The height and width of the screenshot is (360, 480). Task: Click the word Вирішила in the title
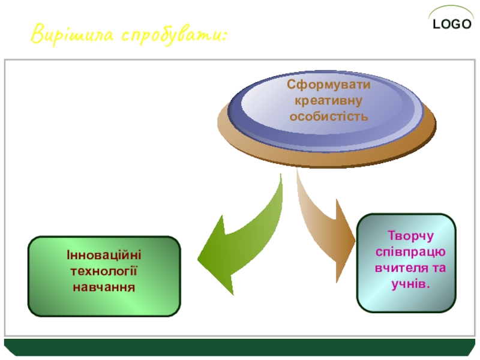[x=71, y=34]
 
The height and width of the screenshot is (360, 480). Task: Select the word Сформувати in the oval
[x=328, y=85]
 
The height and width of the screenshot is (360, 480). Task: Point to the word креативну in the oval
[x=328, y=100]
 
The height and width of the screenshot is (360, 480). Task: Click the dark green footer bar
[x=240, y=347]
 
